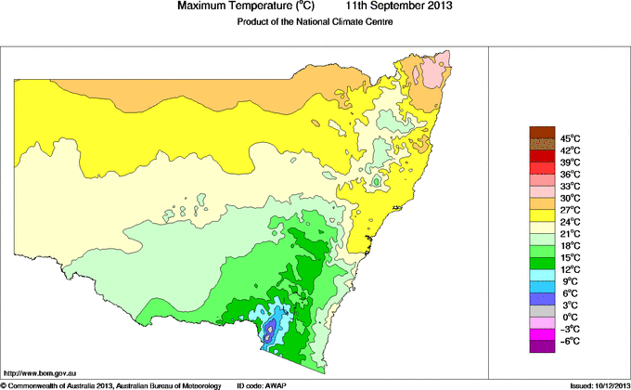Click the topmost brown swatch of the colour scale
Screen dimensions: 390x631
542,132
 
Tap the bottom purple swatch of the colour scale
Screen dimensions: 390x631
542,347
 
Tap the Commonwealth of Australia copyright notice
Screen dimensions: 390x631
111,384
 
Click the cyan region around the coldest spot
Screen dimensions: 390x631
264,317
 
